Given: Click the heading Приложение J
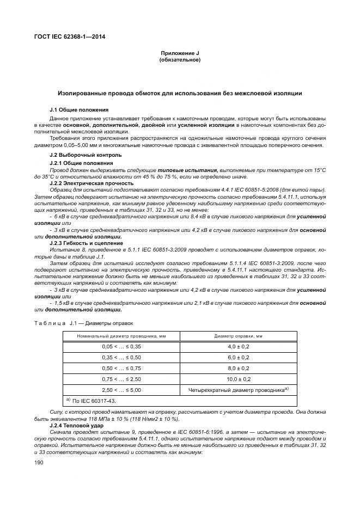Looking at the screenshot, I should pos(180,53).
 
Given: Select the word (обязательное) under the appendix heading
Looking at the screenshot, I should pos(180,60).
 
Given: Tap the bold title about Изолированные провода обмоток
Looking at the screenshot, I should pos(180,94).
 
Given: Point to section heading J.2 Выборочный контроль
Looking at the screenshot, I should pos(78,155).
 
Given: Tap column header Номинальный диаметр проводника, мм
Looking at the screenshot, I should pos(121,336).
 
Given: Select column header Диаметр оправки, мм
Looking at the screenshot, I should pos(237,336).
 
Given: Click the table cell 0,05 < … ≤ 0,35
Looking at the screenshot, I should pos(121,346).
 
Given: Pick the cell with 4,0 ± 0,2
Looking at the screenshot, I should pos(237,346).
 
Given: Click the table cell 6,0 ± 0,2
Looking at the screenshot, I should pos(237,357).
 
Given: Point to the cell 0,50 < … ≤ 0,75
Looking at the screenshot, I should pos(121,368).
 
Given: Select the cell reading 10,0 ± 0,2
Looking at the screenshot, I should pos(237,379).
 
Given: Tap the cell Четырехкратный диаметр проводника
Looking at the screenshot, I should pos(237,390).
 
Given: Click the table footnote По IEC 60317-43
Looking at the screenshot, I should pos(89,401).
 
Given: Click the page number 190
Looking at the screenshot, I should pos(39,462).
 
